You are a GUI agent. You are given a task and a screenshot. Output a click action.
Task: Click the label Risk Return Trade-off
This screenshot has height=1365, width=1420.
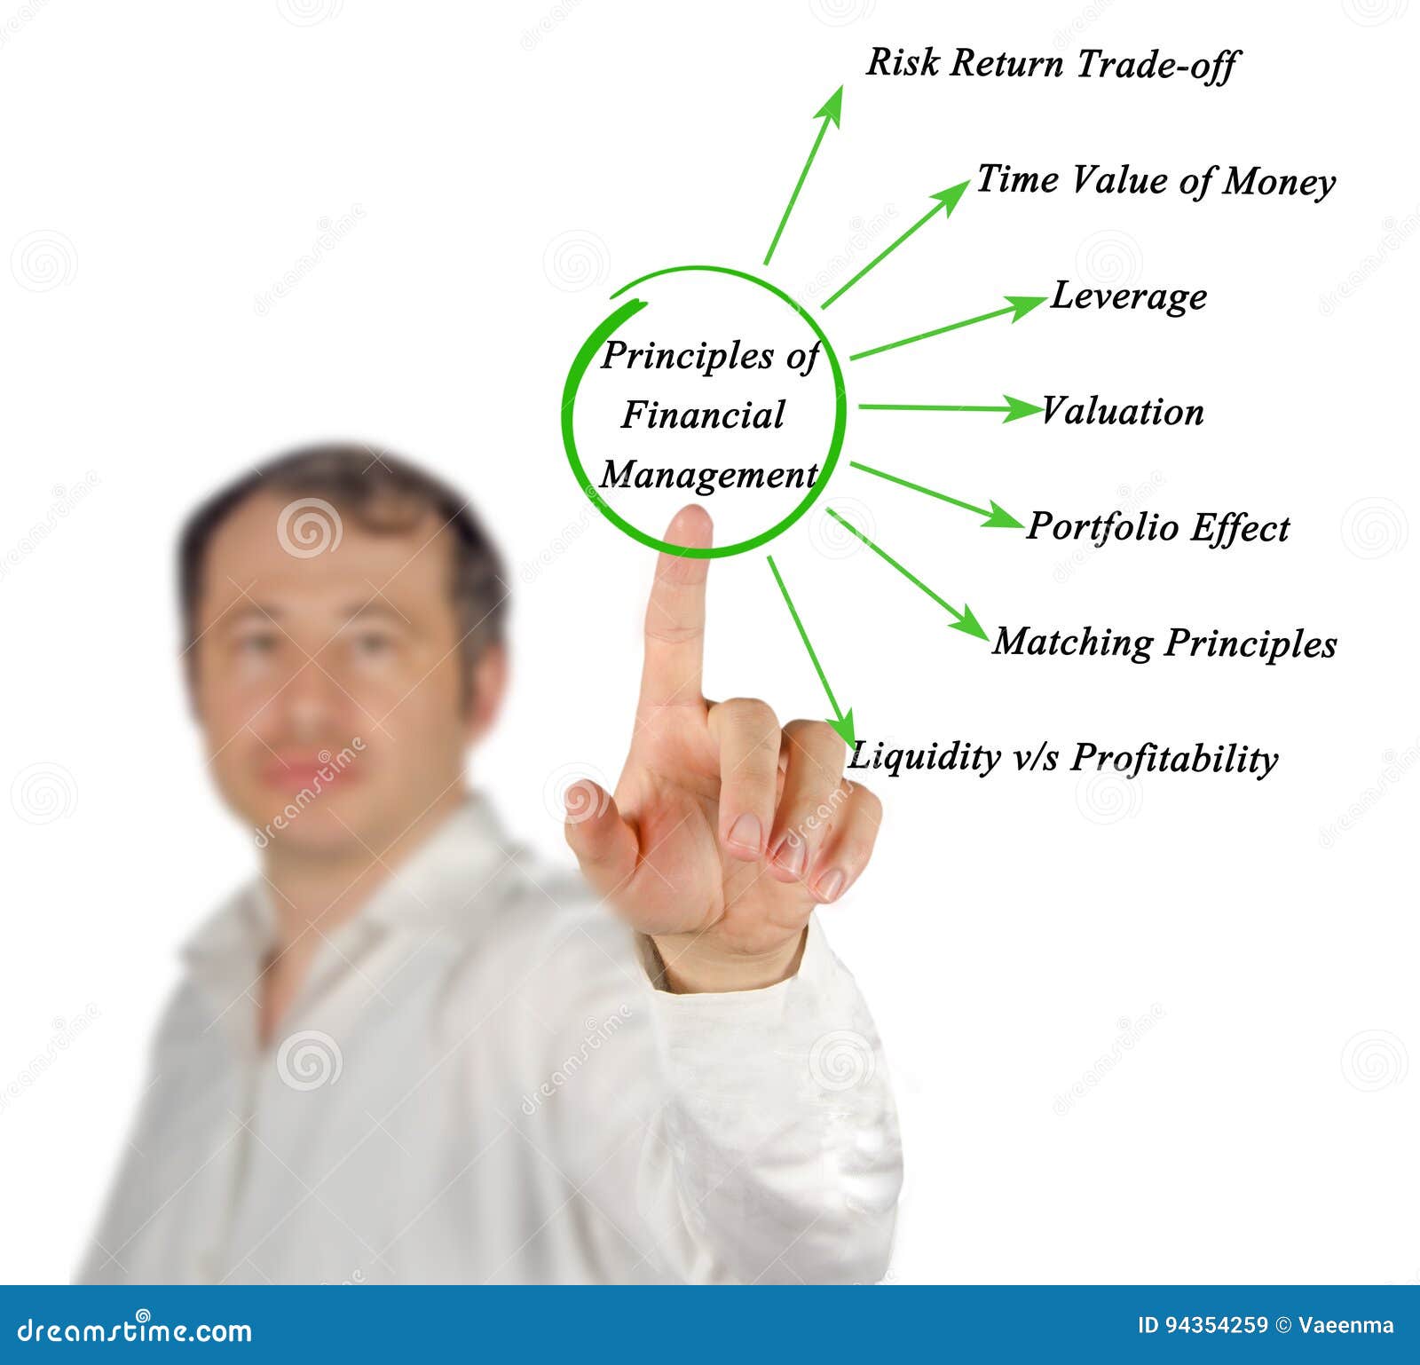(1052, 65)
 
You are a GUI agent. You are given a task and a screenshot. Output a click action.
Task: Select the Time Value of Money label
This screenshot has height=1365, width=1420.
(1156, 181)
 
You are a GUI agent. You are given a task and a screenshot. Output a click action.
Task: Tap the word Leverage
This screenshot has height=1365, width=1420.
(1129, 296)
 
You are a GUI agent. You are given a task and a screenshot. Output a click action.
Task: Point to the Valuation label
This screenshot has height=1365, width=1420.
(1123, 411)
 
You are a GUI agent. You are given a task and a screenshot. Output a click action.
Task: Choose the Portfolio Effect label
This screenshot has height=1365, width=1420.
(1158, 527)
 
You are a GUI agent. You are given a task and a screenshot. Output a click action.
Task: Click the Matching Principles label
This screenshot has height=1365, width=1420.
(1164, 643)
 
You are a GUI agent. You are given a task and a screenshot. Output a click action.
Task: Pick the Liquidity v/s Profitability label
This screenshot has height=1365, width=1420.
(1063, 758)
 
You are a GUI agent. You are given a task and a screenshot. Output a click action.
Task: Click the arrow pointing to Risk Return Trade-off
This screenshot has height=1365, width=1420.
(803, 175)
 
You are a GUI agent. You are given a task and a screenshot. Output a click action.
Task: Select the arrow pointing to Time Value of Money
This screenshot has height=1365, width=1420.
(896, 244)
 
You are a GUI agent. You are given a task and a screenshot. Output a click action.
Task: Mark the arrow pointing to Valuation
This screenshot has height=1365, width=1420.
(951, 407)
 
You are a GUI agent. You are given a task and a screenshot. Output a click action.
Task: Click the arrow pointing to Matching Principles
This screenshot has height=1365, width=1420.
(907, 573)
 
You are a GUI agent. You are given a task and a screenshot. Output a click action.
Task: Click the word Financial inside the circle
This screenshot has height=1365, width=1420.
(703, 414)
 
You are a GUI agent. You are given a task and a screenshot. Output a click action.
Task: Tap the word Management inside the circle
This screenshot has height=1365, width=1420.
(708, 475)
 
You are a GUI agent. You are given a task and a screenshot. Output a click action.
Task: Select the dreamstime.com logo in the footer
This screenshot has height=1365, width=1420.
(135, 1330)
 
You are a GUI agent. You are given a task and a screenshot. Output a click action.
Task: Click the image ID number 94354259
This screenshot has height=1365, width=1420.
(1203, 1325)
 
